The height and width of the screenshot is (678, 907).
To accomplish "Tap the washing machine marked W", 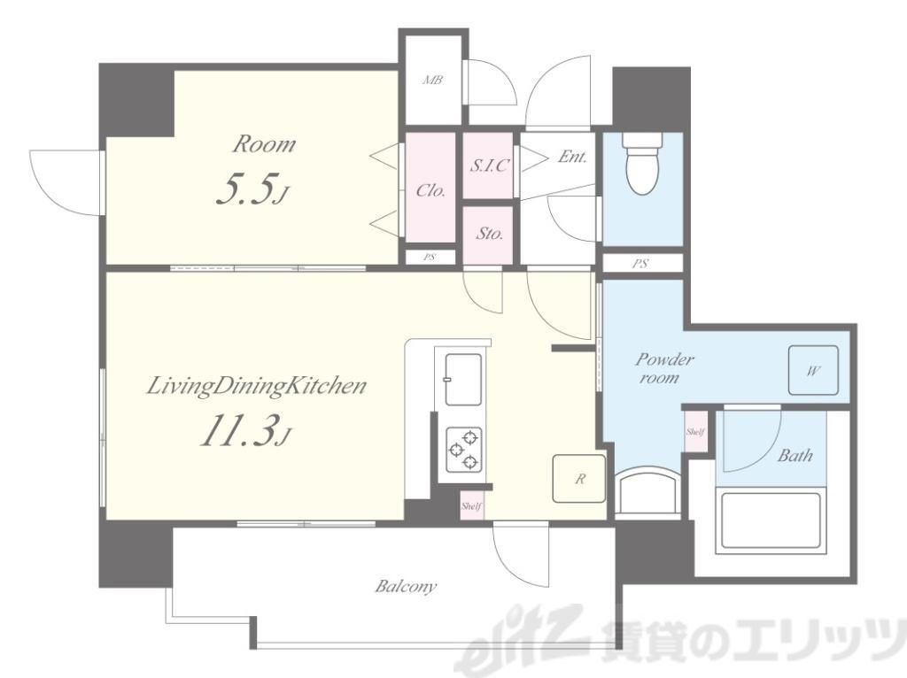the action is [x=813, y=371].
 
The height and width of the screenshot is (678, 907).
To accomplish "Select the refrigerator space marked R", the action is [x=579, y=478].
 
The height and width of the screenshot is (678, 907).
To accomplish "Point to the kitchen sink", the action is [x=462, y=380].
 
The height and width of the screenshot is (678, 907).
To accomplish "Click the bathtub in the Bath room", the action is [x=769, y=520].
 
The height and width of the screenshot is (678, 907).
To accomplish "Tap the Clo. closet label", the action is [x=430, y=190].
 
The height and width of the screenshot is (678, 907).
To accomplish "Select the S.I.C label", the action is [x=489, y=166].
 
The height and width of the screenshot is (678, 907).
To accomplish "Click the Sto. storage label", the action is [x=489, y=234].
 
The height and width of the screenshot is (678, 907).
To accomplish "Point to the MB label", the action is [x=432, y=81].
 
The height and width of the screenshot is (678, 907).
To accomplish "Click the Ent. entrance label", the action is [x=573, y=156].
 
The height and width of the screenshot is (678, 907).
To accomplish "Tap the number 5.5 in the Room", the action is [x=244, y=189].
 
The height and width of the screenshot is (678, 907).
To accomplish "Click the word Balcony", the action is [x=406, y=587].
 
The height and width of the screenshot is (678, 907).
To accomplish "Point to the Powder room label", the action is [x=664, y=368].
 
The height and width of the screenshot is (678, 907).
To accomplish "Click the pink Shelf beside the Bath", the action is [x=695, y=431].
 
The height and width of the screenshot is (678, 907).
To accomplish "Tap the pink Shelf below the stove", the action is [x=471, y=506].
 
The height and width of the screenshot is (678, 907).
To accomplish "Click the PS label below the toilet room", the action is [x=640, y=264].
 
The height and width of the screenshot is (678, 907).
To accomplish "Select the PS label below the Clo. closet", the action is [x=429, y=258].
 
